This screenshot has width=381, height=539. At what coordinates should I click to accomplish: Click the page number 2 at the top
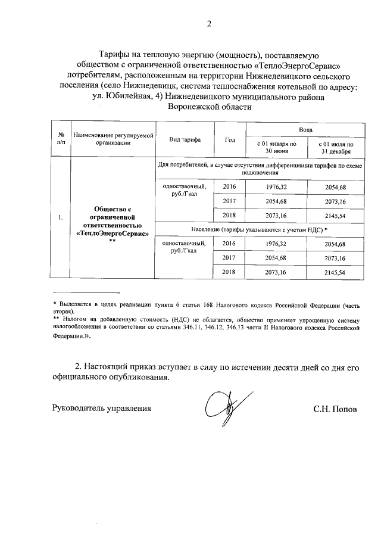coord(208,24)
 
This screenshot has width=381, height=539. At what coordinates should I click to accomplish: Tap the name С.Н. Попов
coord(336,409)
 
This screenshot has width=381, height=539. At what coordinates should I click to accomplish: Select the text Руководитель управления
coord(102,409)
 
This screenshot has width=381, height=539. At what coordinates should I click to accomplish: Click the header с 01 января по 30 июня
coord(276,148)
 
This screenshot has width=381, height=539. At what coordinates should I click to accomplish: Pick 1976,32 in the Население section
coord(276,244)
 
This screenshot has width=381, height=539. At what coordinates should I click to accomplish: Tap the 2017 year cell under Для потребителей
coord(230,201)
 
